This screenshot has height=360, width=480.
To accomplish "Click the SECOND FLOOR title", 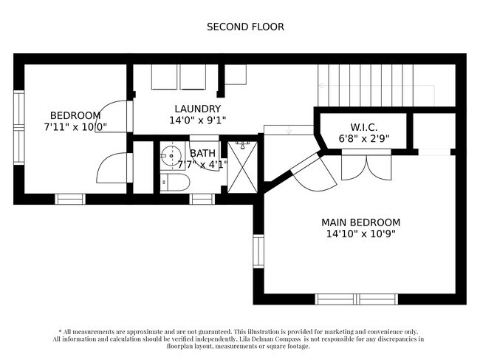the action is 245,27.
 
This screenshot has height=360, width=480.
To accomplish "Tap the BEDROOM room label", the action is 75,115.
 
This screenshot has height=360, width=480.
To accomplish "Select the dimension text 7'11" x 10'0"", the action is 75,127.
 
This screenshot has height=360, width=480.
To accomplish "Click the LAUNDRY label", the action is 198,109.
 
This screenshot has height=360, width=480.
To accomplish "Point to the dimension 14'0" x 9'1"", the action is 198,120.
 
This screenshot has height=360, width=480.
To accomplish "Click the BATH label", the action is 202,153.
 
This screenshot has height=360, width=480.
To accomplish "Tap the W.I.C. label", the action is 363,127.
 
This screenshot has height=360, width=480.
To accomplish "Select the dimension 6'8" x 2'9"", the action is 364,139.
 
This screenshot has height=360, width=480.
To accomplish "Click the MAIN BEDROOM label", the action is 361,223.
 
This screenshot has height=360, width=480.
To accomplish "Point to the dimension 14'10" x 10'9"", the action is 361,234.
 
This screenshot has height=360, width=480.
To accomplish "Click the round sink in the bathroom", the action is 171,156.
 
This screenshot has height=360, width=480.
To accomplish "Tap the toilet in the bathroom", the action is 175,183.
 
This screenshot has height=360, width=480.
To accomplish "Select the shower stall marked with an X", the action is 242,167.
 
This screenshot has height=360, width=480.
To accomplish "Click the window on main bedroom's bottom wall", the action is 357,299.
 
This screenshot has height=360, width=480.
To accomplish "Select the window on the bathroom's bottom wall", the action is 202,199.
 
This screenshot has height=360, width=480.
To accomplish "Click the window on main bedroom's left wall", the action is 258,251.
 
